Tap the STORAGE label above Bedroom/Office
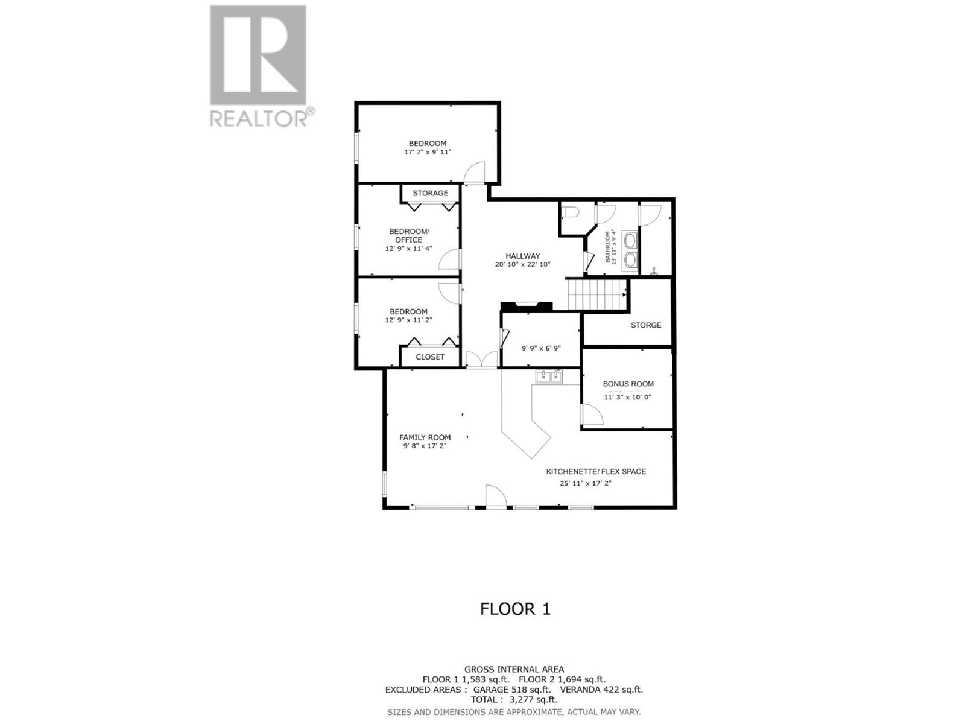430,193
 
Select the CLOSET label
430,357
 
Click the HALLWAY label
522,256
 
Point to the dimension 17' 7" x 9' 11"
428,152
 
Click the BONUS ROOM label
628,384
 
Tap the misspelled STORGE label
646,325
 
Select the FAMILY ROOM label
425,437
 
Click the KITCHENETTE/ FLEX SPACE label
596,471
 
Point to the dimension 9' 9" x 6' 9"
541,348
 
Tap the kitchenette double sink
548,377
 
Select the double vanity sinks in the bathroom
630,250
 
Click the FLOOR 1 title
515,609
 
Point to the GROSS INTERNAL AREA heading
514,669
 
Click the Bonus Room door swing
590,416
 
